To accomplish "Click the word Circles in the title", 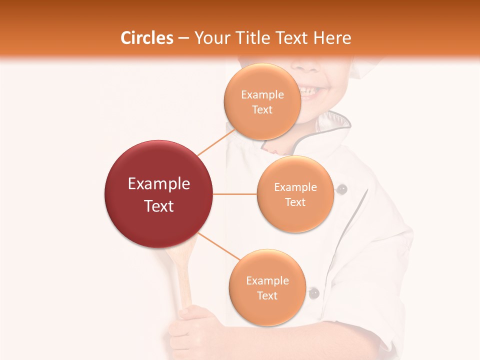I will click(147, 38).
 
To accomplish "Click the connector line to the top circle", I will click(216, 142).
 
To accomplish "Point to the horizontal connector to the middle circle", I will click(235, 194).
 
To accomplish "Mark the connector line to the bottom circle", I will click(220, 246).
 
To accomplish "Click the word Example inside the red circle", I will click(159, 184).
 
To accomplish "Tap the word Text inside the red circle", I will click(159, 206).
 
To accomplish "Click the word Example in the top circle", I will click(262, 95).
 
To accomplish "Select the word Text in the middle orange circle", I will click(295, 202).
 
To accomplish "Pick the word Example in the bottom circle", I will click(267, 281).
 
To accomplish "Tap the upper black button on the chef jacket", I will click(342, 189).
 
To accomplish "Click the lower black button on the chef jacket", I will click(313, 293).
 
